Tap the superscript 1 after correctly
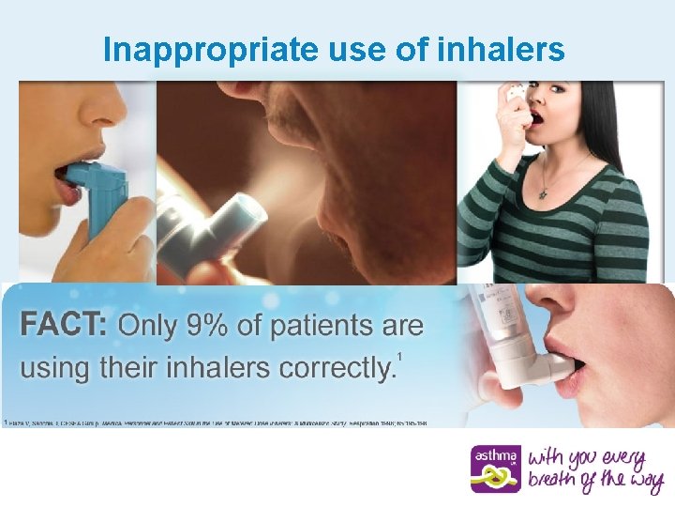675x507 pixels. click(400, 356)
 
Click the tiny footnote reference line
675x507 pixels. click(216, 423)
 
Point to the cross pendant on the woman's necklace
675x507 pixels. click(544, 192)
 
